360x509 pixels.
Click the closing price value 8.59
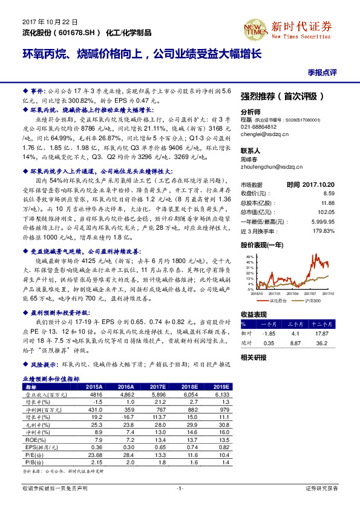343,193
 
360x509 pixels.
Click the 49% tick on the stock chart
248,256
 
